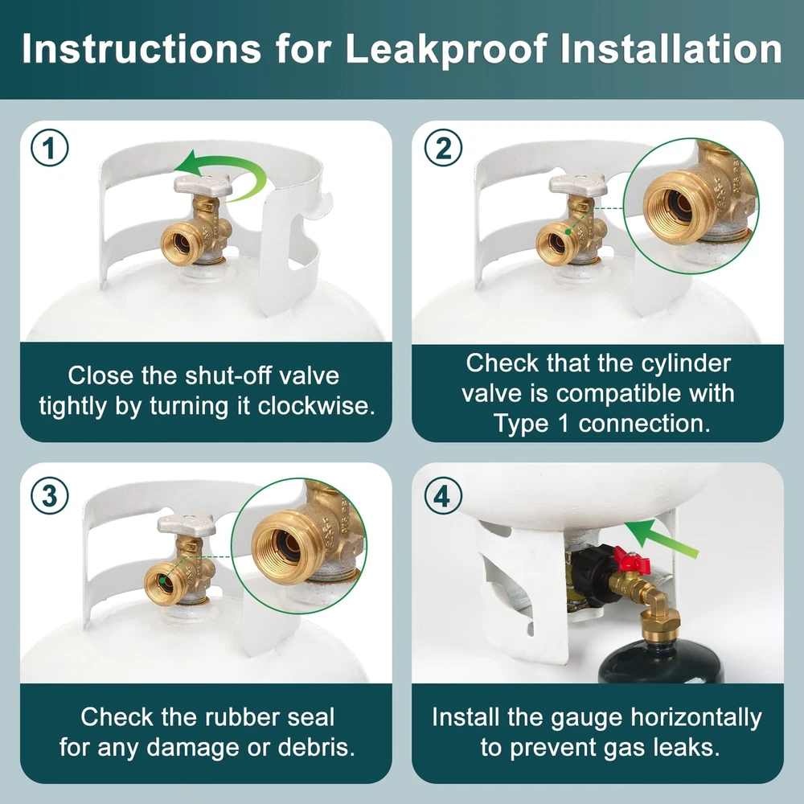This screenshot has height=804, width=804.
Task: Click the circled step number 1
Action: [50, 148]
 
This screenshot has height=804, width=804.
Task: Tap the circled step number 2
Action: [444, 148]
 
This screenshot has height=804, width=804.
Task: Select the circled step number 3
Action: [50, 496]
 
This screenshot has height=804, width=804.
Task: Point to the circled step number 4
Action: [444, 496]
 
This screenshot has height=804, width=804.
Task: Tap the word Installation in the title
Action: [671, 48]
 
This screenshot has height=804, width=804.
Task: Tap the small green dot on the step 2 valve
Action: [568, 232]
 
